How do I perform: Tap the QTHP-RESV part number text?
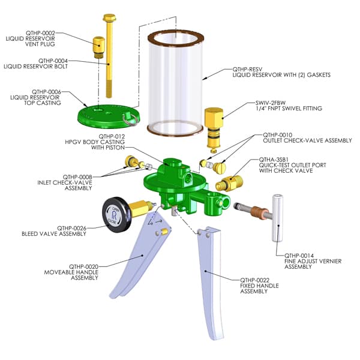click(248, 69)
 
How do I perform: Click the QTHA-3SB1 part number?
click(273, 159)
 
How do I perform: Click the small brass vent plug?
click(98, 46)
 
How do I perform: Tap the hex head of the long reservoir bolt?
click(110, 19)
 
